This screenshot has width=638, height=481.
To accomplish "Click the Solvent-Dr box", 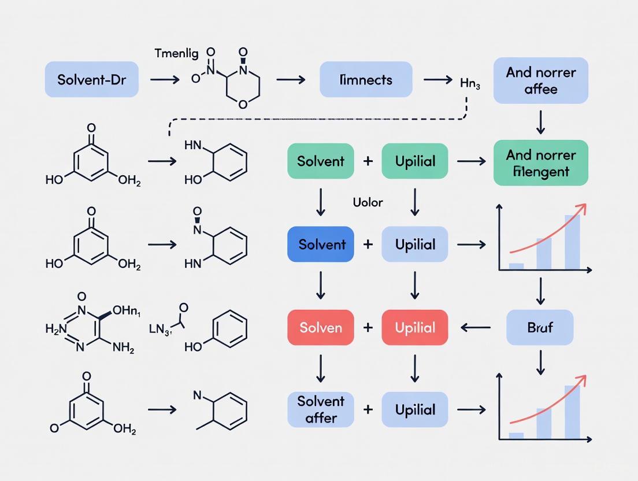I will (x=92, y=79).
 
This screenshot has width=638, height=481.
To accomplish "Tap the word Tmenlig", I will (x=176, y=54).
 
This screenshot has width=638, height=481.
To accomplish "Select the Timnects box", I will (x=366, y=79).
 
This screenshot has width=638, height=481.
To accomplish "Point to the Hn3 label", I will (x=470, y=84).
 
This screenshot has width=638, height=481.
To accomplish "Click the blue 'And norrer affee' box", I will (x=540, y=80).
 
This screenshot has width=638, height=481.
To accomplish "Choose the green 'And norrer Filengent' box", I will (x=540, y=162).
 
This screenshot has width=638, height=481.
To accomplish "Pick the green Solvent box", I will (x=320, y=161).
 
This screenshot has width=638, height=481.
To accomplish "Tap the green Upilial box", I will (x=414, y=161).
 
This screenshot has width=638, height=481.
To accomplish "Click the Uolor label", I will (x=368, y=202).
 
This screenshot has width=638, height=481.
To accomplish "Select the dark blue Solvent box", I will (x=320, y=244).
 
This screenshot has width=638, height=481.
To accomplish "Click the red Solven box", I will (x=320, y=327).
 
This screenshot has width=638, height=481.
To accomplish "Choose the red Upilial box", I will (x=414, y=327).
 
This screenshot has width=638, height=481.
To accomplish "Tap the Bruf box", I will (x=540, y=327).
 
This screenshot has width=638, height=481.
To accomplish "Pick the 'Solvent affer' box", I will (x=320, y=409).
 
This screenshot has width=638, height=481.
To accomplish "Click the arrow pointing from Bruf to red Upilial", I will (x=475, y=328).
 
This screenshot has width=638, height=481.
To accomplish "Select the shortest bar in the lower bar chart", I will (x=516, y=436).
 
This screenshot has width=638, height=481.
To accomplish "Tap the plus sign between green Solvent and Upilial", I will (x=368, y=161).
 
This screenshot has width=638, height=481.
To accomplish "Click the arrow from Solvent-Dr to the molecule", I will (x=164, y=80).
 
